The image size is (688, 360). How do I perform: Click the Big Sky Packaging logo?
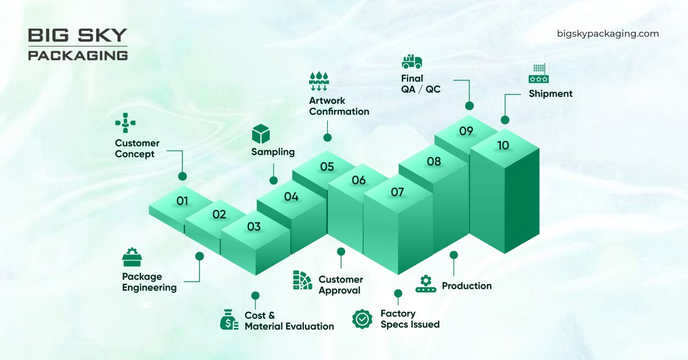click(77, 44)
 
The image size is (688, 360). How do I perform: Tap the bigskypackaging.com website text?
click(608, 34)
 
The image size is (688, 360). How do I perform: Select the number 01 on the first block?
click(182, 201)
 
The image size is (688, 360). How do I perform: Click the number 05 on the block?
click(327, 167)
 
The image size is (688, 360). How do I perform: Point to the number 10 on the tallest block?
click(503, 146)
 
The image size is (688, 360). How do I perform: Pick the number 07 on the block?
click(397, 192)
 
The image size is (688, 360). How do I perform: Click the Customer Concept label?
click(137, 148)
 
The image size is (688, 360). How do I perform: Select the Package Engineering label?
click(149, 282)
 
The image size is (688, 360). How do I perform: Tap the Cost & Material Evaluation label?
click(289, 321)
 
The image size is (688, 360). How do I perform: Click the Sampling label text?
click(273, 152)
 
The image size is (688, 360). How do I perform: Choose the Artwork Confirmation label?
click(339, 106)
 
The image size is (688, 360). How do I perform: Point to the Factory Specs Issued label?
click(410, 319)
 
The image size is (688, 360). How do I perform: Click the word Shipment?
click(550, 93)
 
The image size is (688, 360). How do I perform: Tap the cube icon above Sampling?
click(261, 134)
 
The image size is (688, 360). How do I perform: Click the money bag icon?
click(229, 319)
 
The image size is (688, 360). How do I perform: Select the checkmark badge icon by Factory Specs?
click(362, 319)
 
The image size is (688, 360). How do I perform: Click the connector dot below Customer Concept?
click(182, 177)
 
